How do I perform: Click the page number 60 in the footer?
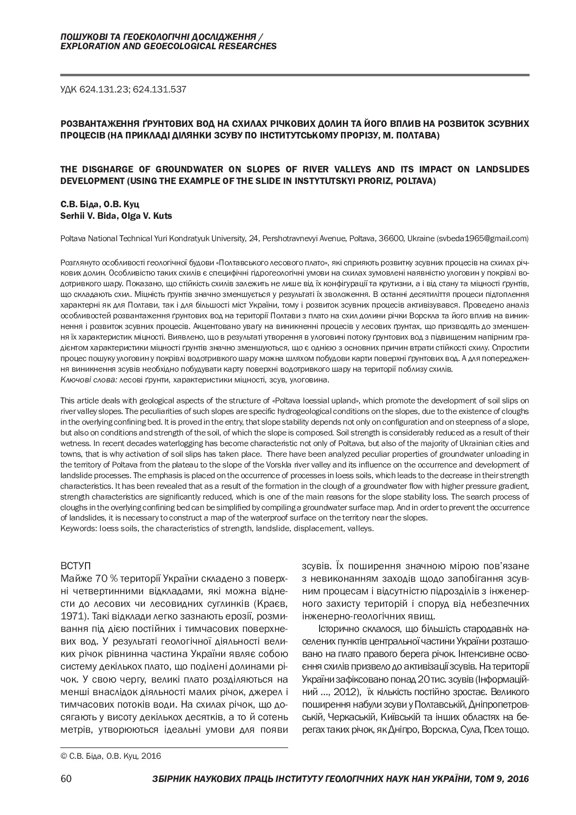click(65, 779)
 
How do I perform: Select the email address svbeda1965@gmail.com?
click(482, 238)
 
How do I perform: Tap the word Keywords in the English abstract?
click(77, 528)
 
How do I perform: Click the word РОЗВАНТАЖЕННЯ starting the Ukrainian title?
click(94, 124)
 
